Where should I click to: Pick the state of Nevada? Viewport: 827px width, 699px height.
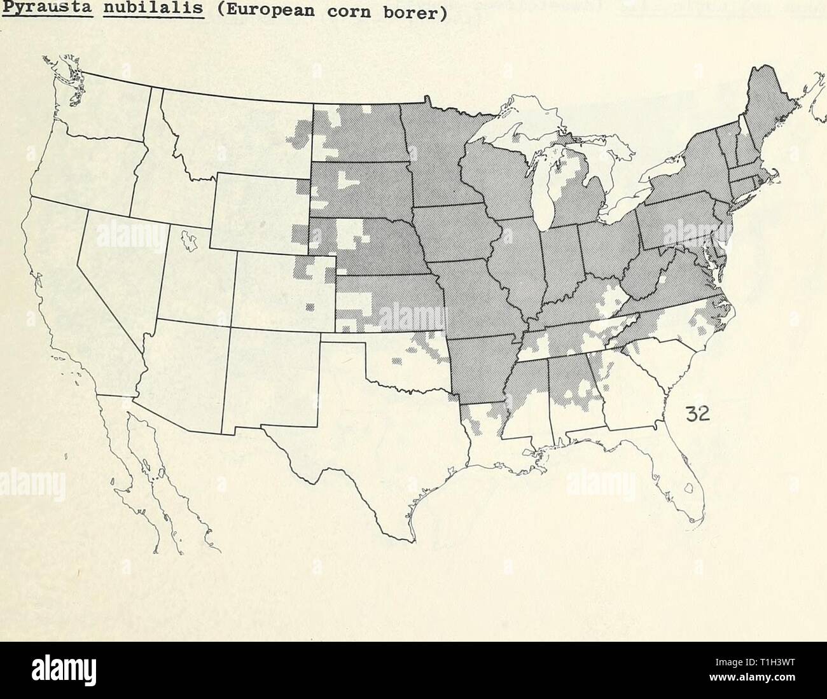click(x=118, y=267)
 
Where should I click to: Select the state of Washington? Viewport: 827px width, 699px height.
click(x=108, y=108)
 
